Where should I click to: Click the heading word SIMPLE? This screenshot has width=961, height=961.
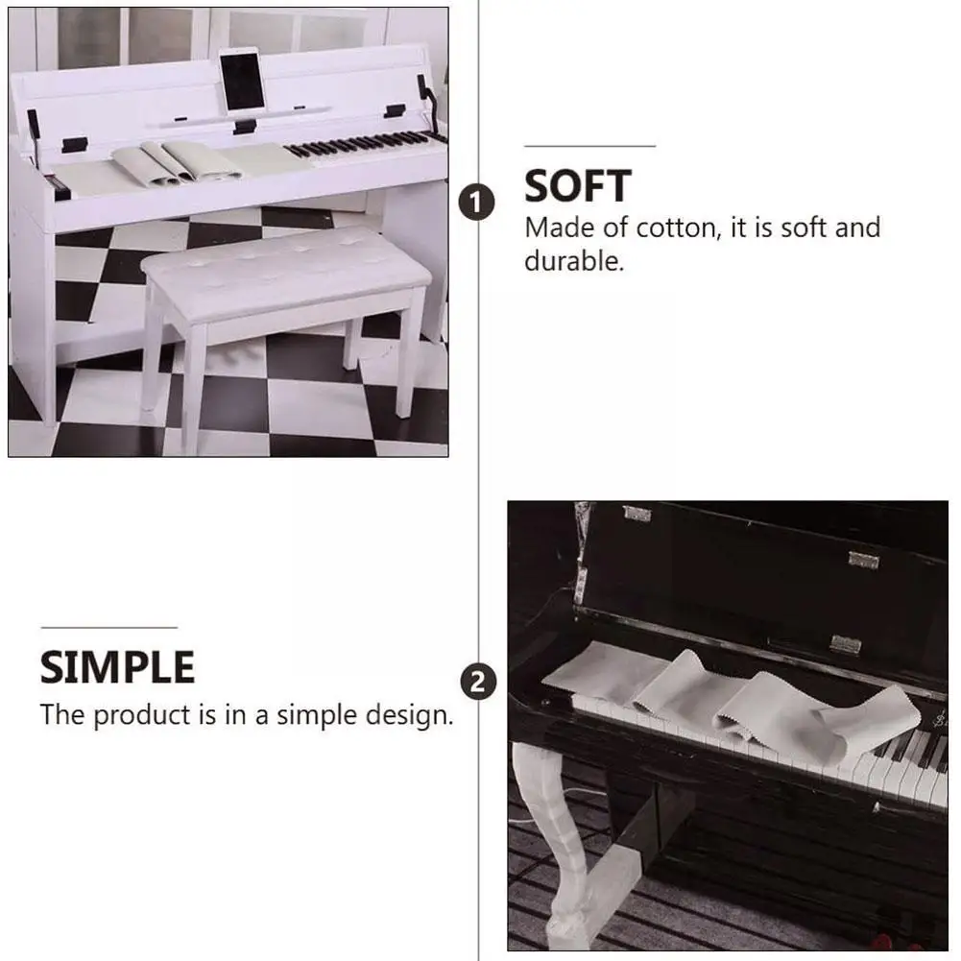[x=118, y=667]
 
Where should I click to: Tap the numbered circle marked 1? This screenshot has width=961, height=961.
[x=477, y=203]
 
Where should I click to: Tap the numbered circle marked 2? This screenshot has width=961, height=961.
[x=478, y=683]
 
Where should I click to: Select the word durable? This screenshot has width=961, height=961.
[x=574, y=261]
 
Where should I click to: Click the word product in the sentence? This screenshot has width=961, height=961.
[x=141, y=716]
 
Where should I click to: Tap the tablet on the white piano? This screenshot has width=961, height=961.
[x=243, y=81]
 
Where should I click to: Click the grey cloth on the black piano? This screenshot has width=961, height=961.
[x=730, y=699]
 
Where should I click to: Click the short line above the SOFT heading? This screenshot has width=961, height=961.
[x=589, y=147]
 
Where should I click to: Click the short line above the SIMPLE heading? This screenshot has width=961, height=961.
[x=109, y=628]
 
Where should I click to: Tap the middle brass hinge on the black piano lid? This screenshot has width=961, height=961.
[x=863, y=560]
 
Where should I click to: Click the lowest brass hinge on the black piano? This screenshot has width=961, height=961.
[x=846, y=644]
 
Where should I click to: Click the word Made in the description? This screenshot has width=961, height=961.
[x=560, y=228]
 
